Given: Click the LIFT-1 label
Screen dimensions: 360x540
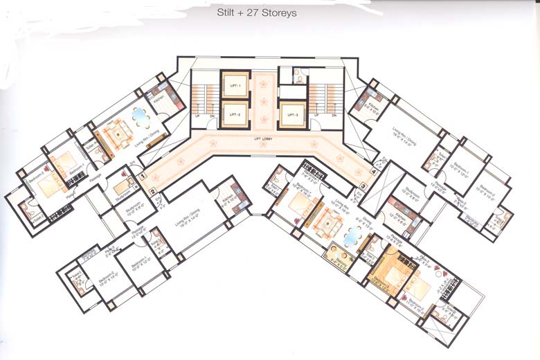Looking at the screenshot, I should coord(234,84).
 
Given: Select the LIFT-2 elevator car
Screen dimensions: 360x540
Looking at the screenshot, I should coord(234,114).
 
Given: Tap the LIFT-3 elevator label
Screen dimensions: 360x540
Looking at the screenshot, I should coord(293,114).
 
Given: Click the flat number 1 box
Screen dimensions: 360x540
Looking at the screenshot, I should coord(143,177).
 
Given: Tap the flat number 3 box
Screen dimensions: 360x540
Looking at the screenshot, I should coord(363,185).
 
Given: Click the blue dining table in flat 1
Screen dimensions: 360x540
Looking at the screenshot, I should coord(141,118).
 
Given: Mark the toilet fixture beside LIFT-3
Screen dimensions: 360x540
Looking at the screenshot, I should coord(298,77).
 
